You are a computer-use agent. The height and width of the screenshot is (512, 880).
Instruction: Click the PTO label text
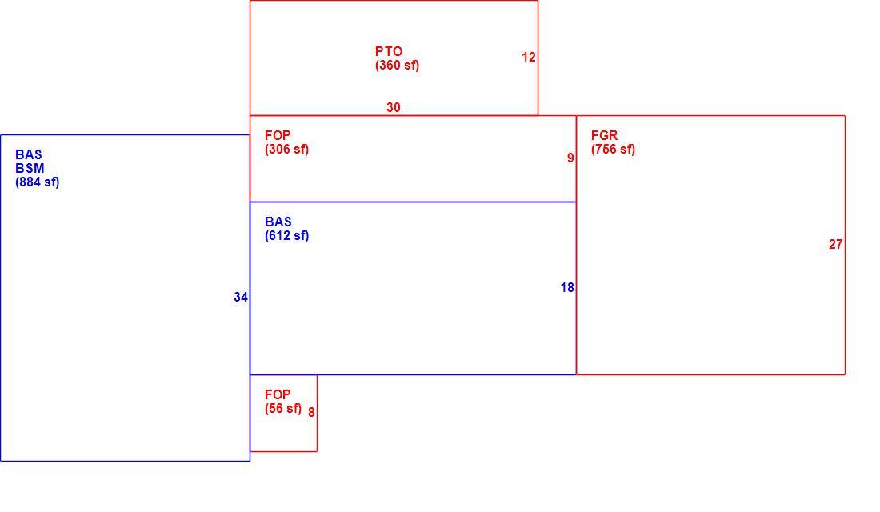click(388, 51)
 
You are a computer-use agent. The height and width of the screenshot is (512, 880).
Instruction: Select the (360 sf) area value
click(397, 65)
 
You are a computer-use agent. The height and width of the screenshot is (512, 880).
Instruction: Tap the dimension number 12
click(529, 58)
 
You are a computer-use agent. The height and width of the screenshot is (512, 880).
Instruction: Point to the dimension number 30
click(394, 107)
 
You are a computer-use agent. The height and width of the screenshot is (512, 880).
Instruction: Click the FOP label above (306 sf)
click(278, 135)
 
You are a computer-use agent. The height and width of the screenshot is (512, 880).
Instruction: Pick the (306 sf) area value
click(286, 150)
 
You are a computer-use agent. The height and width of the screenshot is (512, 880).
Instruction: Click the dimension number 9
click(570, 158)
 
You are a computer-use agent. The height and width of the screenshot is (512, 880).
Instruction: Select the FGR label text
click(605, 135)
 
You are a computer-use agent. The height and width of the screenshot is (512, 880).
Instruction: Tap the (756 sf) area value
click(613, 150)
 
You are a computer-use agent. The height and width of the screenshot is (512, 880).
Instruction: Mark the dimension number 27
click(836, 244)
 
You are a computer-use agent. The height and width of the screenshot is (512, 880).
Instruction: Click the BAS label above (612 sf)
click(278, 222)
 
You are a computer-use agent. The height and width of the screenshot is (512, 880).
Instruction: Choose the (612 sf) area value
click(286, 236)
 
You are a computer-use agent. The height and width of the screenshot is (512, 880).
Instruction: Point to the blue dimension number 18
click(567, 287)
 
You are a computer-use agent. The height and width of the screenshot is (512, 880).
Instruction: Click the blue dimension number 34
click(241, 297)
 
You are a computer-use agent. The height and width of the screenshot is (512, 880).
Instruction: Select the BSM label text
click(30, 168)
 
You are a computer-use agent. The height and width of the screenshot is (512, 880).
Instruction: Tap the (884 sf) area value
click(37, 182)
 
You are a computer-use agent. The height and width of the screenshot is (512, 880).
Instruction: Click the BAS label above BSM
click(29, 154)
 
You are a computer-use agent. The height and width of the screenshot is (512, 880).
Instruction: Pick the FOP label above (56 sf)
click(278, 394)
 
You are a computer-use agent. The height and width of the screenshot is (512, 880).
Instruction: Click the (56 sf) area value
click(283, 409)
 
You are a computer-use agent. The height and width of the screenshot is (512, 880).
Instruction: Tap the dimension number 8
click(311, 412)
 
